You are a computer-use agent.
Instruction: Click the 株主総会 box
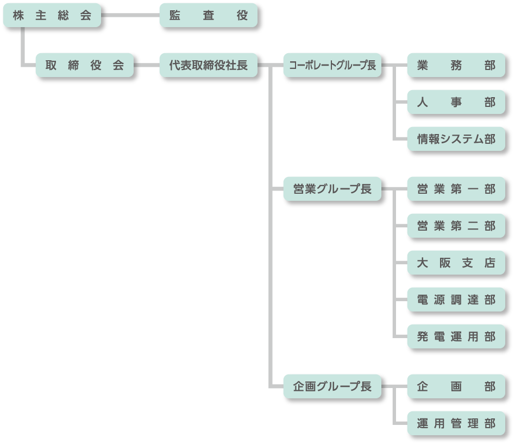coord(52,15)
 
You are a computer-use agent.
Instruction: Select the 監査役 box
coord(209,15)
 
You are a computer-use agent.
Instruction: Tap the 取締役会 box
coord(85,65)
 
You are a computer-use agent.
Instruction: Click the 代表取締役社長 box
coord(209,65)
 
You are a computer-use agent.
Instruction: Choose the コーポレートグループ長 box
coord(332,65)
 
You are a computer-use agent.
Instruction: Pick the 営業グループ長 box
coord(332,189)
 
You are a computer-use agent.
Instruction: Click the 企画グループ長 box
coord(332,386)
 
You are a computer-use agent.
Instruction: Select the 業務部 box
coord(456,65)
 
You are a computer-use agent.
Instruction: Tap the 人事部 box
coord(456,102)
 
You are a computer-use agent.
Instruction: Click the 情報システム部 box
coord(456,139)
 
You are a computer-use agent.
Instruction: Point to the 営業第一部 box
coord(456,189)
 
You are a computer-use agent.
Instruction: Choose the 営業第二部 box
coord(456,226)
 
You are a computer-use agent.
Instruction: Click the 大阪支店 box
coord(456,263)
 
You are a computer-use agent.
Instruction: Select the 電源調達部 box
coord(456,300)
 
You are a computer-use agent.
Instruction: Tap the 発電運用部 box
coord(456,336)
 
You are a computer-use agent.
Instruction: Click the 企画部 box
coord(456,386)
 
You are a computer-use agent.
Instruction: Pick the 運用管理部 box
coord(456,423)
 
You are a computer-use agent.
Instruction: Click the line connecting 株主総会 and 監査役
coord(130,15)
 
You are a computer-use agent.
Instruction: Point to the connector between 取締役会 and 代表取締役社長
coord(147,65)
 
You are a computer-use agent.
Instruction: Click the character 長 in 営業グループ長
coord(366,189)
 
